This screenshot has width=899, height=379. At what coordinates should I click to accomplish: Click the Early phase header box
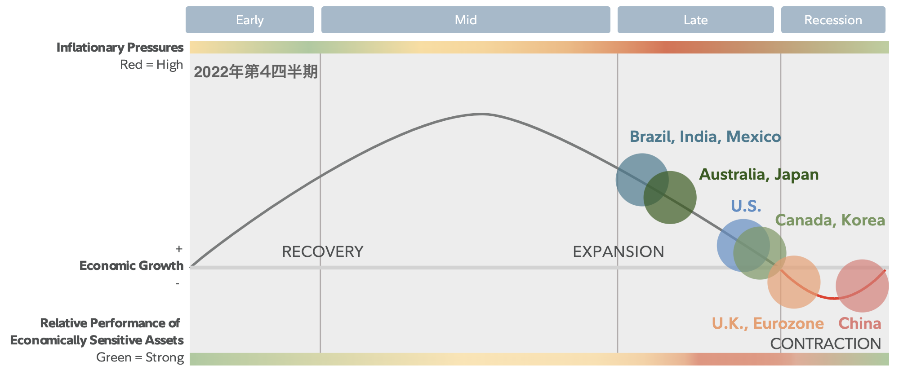250,20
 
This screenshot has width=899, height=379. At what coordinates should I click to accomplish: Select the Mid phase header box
466,20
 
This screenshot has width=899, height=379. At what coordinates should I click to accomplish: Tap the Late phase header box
696,20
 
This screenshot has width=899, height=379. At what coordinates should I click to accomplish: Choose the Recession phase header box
833,20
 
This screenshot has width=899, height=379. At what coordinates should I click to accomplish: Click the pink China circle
862,286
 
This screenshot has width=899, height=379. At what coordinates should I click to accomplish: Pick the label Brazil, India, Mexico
705,137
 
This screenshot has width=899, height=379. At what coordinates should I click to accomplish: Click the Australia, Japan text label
759,174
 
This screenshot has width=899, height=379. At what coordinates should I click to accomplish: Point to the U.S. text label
746,206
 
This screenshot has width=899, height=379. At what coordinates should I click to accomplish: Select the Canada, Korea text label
830,220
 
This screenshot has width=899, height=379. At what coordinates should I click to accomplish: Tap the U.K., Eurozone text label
768,323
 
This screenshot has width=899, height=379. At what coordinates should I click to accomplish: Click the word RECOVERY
323,251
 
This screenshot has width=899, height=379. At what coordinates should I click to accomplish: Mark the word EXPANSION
619,251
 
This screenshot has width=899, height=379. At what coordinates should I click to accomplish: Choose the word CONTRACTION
826,344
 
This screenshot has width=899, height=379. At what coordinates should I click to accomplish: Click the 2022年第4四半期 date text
256,72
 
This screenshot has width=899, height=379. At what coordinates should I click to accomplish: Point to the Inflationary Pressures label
120,47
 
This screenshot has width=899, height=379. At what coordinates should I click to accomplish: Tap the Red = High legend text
151,65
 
